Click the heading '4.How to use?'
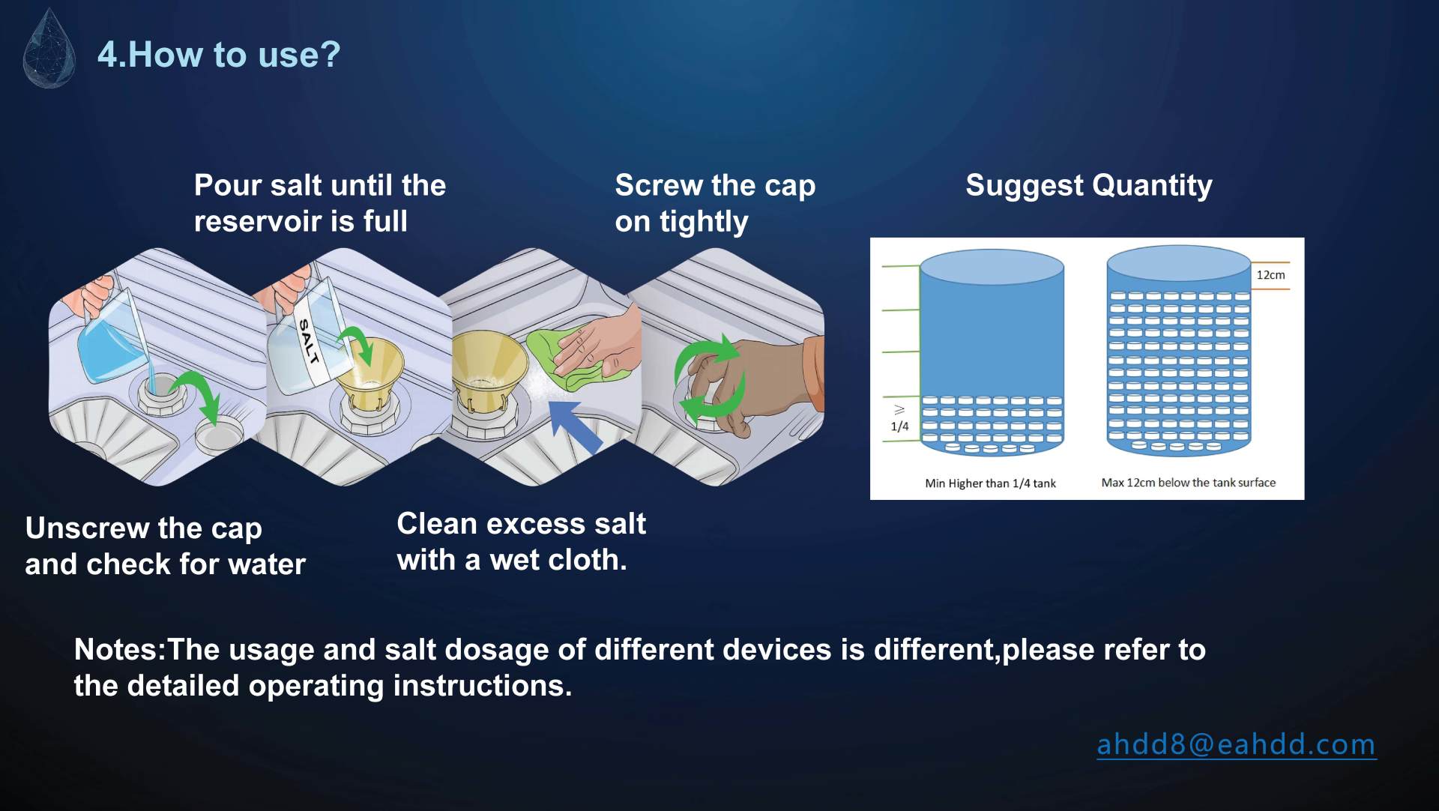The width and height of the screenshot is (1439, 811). coord(219,55)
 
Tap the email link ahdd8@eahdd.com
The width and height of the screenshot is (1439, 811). coord(1237,744)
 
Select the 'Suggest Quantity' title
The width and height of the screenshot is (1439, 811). coord(1089,185)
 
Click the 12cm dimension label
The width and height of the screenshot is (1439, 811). coord(1270,275)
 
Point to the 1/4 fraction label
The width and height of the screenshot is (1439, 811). coord(899,426)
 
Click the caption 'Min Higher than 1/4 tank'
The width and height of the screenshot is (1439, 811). coord(990,483)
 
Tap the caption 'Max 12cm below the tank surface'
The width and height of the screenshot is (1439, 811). coord(1188,483)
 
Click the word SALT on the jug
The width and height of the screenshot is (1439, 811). coord(309,341)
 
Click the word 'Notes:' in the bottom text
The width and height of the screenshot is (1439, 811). coord(120,650)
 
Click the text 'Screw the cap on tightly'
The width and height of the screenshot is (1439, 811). coord(715,203)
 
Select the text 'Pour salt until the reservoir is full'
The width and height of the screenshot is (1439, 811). coord(320,203)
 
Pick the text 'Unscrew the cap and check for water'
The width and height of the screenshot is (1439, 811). coord(166,546)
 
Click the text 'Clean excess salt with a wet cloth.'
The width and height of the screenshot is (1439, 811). coord(521,542)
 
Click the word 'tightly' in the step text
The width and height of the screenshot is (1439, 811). coord(704,222)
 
